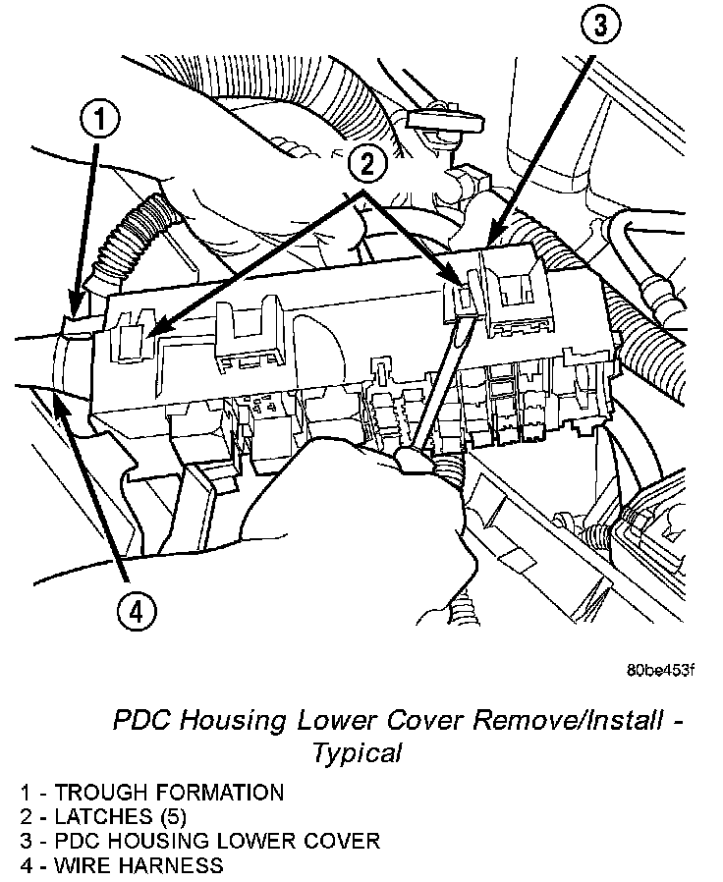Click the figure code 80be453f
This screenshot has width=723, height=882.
pos(660,671)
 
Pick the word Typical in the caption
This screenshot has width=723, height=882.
pos(358,753)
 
